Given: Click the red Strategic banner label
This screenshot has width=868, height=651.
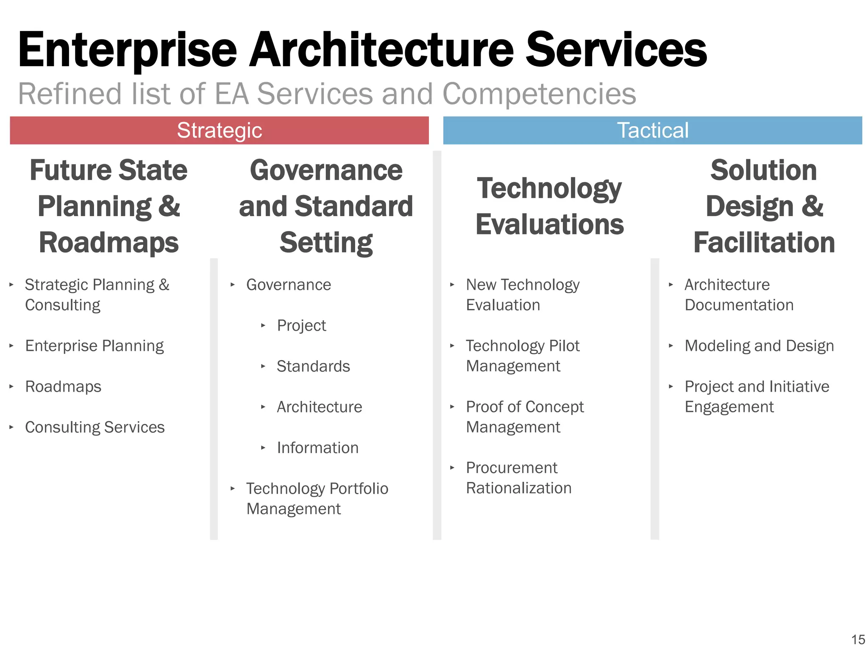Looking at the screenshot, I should pos(220,130).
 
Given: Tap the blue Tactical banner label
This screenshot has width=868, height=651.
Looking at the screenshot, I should pos(653,130).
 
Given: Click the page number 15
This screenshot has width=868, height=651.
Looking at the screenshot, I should pos(858,640).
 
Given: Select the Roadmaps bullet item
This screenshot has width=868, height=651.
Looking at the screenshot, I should pos(63,387).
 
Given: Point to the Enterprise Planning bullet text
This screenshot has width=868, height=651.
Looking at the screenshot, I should pos(95,346).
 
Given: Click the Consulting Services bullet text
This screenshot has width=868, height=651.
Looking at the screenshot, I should pos(95,427).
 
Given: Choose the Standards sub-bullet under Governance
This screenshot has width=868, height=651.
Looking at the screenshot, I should pos(313,366).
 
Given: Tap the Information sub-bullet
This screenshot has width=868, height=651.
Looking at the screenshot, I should pos(317,448).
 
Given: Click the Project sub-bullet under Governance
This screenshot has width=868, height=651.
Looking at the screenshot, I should pos(301,325).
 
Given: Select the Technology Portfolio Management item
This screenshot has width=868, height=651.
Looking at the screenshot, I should pos(317,498).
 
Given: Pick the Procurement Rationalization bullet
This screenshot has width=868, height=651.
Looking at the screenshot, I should pos(519,478).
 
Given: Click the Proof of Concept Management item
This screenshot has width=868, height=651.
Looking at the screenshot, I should pos(525,417).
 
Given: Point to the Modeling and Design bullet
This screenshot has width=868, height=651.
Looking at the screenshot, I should pos(759,346).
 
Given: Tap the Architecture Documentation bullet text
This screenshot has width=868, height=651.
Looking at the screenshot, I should pos(739,295).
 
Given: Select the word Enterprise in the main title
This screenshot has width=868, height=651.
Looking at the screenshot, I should pos(127,50).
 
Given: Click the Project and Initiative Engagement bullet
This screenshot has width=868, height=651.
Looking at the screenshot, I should pos(757,396).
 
